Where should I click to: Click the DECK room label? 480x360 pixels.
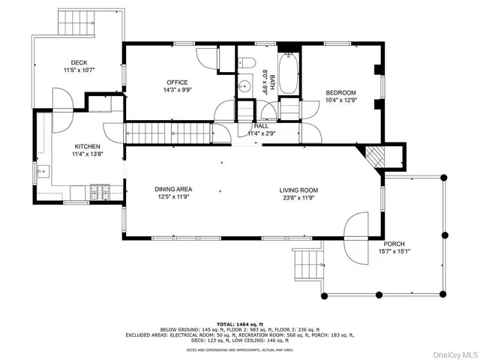coord(79,63)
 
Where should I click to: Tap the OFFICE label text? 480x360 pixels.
coord(177,82)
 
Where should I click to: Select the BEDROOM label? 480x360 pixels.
coord(340,92)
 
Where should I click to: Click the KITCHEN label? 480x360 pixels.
coord(86,146)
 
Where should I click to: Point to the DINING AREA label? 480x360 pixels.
coord(173,190)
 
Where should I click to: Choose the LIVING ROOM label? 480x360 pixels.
coord(299,190)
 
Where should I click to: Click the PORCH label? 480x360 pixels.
coord(394,244)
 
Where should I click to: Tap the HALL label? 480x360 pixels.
coord(261,126)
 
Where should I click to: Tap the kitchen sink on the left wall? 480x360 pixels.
coord(40,173)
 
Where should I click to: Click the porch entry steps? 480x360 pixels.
coord(308,263)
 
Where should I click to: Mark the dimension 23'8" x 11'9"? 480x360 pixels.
coord(299,198)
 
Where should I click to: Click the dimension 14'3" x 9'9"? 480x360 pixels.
coord(177,90)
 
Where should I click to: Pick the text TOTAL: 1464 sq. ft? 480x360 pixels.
coord(239,322)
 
